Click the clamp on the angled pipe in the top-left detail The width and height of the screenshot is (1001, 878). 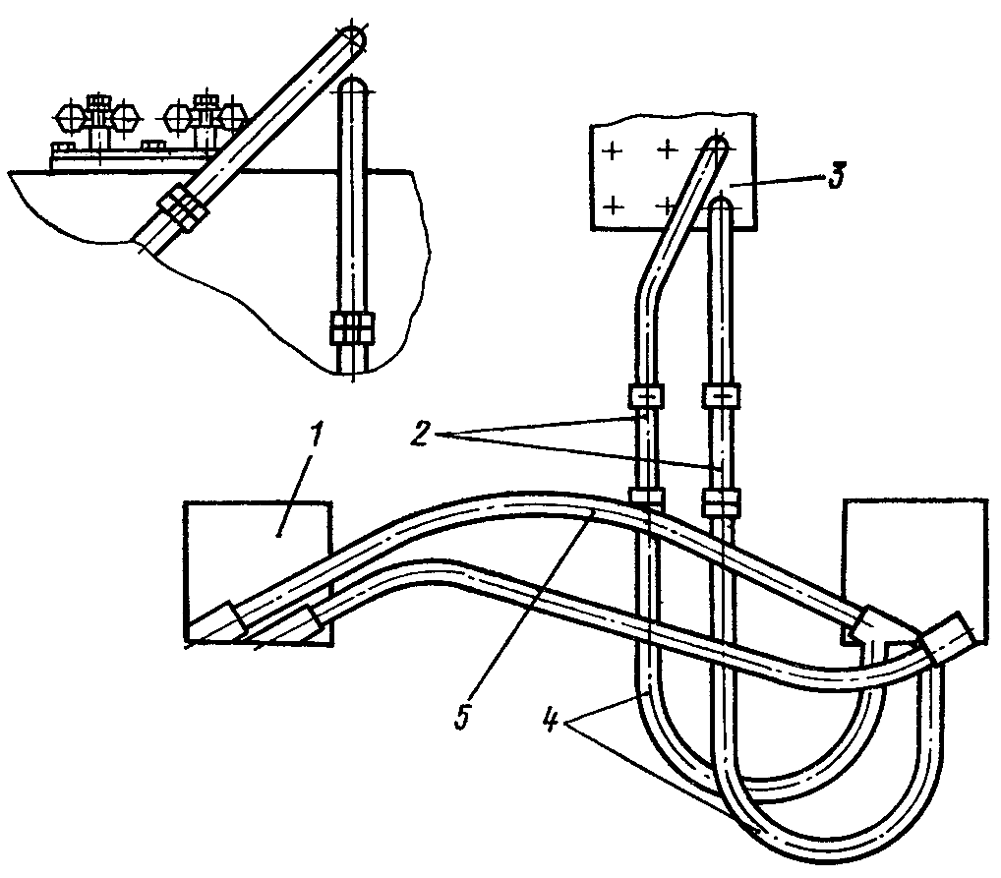pyautogui.click(x=180, y=208)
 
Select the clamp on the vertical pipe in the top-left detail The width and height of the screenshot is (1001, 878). pyautogui.click(x=351, y=329)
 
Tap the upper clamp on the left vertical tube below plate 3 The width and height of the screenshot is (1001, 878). pyautogui.click(x=644, y=396)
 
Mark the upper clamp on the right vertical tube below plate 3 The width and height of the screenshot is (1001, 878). pyautogui.click(x=722, y=397)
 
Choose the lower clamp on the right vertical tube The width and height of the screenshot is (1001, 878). pyautogui.click(x=721, y=505)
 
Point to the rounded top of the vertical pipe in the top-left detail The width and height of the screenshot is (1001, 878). pyautogui.click(x=352, y=87)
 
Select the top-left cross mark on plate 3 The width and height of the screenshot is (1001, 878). pyautogui.click(x=612, y=151)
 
